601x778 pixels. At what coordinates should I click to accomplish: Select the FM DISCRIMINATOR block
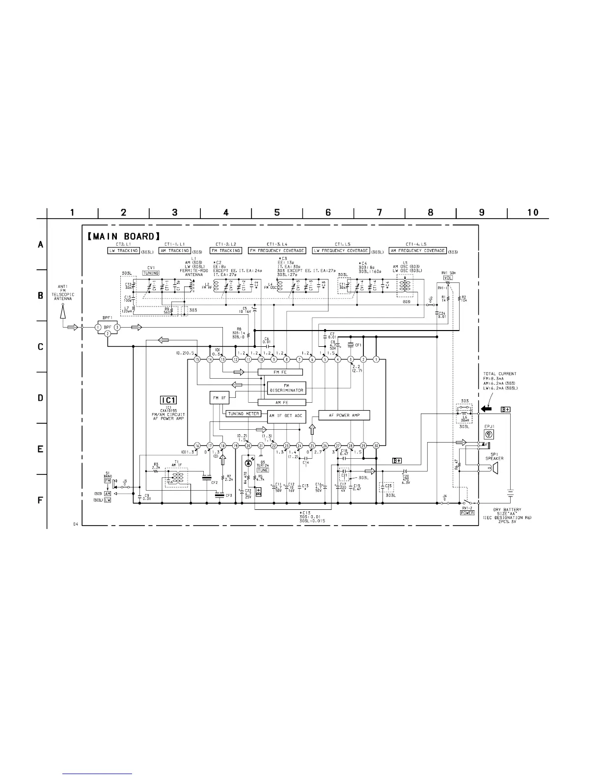287,388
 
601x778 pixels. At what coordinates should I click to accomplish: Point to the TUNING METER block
243,414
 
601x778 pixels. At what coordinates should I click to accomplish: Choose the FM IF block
219,397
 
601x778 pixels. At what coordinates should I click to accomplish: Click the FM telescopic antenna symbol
63,310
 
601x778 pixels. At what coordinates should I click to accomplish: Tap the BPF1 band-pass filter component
108,328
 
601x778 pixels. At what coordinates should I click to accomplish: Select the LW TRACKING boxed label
123,250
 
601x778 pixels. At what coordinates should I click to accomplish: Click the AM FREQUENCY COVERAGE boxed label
418,250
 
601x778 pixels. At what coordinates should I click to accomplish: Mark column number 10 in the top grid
533,212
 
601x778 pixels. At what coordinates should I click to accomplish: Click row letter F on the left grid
41,500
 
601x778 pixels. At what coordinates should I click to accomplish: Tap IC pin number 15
197,360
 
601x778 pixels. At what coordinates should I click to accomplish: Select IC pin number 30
376,445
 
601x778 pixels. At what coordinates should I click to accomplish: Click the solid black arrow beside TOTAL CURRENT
487,409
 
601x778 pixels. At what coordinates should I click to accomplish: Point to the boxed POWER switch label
467,513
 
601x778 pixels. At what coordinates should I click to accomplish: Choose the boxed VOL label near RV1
448,278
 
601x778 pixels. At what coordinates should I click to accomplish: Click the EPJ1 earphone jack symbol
489,434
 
